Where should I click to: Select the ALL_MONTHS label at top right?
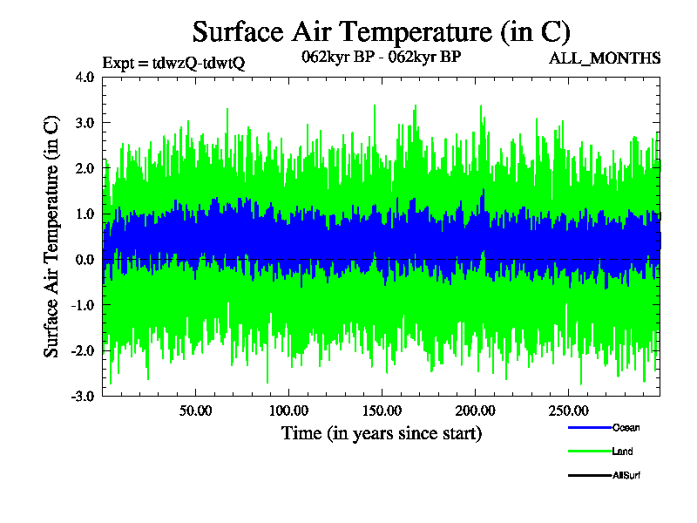pyautogui.click(x=605, y=58)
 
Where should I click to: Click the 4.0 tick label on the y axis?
pyautogui.click(x=85, y=78)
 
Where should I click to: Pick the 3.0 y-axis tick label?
pyautogui.click(x=85, y=123)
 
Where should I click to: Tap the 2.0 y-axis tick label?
pyautogui.click(x=85, y=168)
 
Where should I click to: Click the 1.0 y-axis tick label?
pyautogui.click(x=85, y=214)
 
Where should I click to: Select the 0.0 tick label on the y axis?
pyautogui.click(x=85, y=260)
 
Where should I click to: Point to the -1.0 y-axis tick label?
pyautogui.click(x=83, y=305)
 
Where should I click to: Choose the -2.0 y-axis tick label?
pyautogui.click(x=83, y=350)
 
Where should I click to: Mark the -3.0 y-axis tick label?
pyautogui.click(x=83, y=396)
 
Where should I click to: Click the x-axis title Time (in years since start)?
pyautogui.click(x=381, y=433)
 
